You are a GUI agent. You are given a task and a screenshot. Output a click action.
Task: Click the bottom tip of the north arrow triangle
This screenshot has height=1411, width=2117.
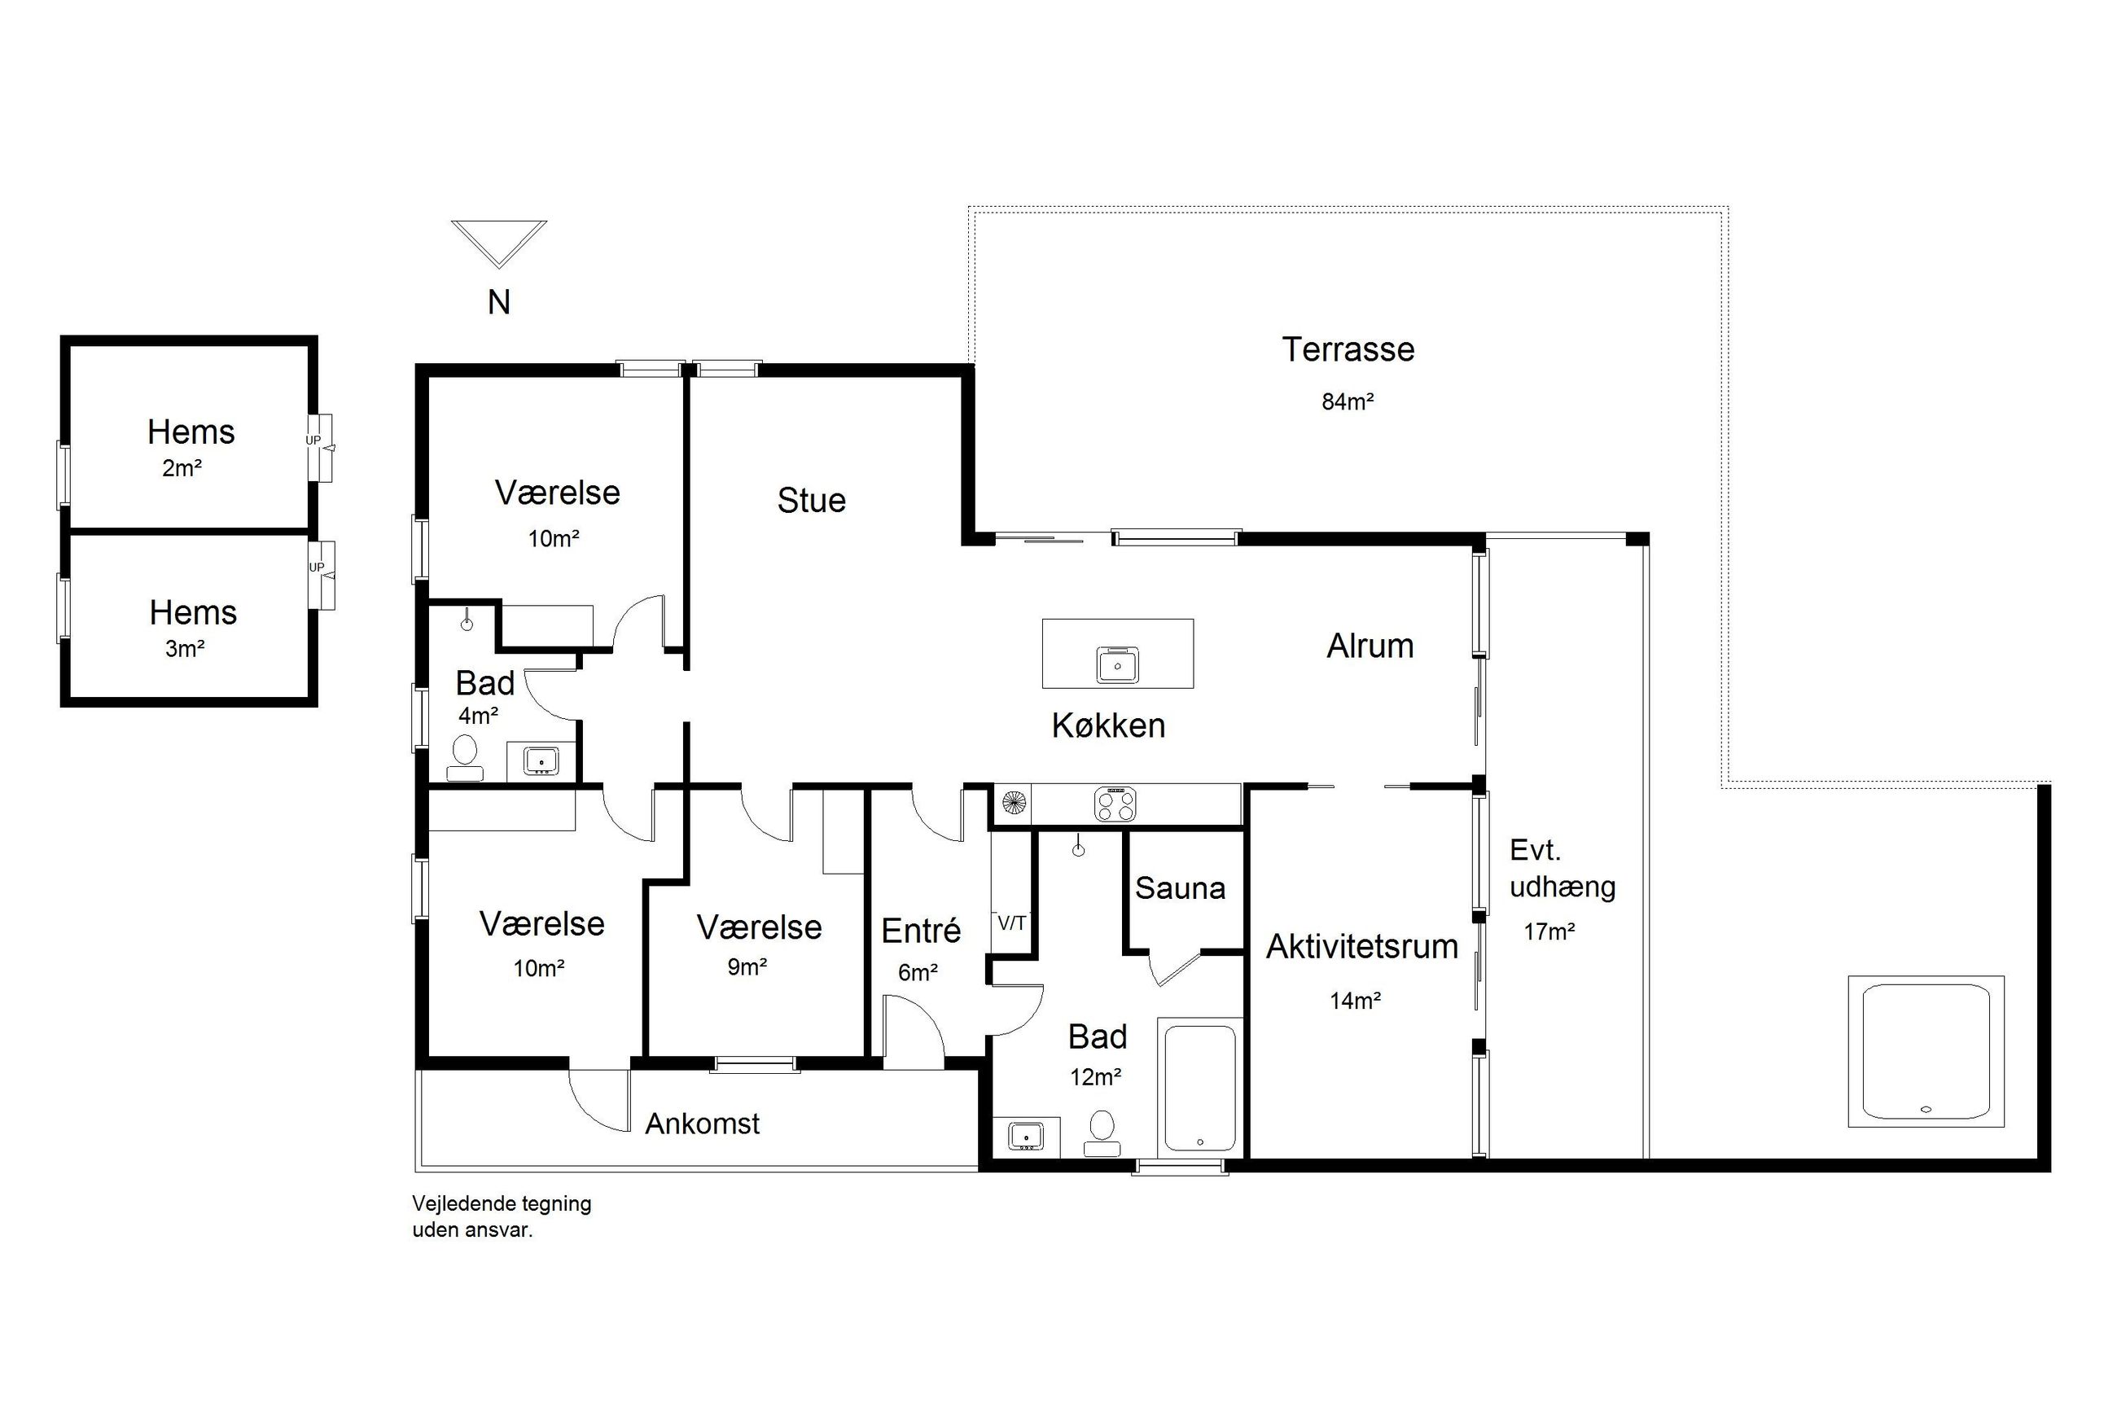click(x=498, y=267)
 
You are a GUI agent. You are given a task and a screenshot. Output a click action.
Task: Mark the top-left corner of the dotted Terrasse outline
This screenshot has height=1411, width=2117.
click(x=969, y=207)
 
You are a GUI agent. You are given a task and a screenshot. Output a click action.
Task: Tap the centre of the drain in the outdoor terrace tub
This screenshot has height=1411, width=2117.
click(x=1925, y=1110)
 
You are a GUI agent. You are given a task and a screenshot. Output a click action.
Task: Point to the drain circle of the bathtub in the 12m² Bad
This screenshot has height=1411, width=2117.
click(x=1199, y=1143)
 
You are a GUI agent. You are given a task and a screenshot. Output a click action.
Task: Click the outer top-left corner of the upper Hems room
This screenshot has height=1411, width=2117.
click(x=61, y=336)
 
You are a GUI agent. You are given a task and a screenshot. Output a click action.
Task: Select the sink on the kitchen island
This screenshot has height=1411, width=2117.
click(x=1117, y=665)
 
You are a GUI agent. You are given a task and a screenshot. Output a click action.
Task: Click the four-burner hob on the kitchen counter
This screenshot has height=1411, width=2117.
click(x=1115, y=804)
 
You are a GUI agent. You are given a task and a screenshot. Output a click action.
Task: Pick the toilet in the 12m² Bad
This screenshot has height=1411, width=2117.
click(x=1101, y=1132)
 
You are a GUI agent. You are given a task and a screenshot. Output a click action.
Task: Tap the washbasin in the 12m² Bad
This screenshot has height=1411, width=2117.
click(x=1025, y=1136)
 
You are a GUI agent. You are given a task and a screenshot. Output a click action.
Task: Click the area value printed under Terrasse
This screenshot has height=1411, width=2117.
click(x=1347, y=401)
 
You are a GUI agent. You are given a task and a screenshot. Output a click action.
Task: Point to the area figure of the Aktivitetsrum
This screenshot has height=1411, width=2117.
click(x=1355, y=1000)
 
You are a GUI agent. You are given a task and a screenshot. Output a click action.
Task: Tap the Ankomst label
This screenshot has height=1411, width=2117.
click(x=703, y=1123)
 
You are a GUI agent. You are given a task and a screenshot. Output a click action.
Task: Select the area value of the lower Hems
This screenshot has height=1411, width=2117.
click(x=186, y=649)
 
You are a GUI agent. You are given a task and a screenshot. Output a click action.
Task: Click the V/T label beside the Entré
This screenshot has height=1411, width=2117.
click(x=1012, y=923)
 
